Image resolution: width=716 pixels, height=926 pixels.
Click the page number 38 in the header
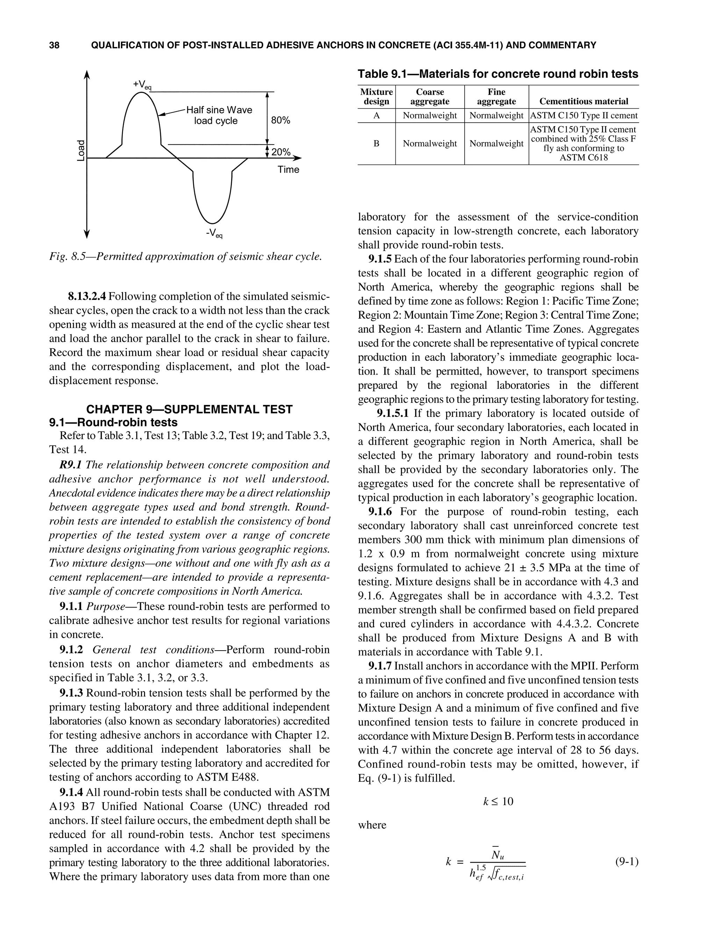54,45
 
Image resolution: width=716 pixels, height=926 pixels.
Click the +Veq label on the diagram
142,85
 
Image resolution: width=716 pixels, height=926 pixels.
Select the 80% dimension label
280,121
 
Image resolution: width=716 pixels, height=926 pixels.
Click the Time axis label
288,169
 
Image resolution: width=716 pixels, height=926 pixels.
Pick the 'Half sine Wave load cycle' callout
219,115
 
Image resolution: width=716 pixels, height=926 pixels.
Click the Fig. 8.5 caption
185,257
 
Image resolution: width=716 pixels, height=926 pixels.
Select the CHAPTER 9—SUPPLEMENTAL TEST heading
189,410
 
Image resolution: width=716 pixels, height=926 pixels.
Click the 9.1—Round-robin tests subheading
113,422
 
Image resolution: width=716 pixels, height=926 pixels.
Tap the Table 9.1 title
497,74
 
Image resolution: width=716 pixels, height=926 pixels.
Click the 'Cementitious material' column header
583,101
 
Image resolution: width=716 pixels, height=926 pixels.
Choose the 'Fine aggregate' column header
496,97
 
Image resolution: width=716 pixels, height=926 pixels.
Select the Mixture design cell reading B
376,144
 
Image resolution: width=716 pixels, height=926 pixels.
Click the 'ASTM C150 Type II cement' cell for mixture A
583,115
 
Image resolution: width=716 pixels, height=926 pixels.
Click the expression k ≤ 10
498,801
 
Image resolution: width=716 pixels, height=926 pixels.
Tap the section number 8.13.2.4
88,296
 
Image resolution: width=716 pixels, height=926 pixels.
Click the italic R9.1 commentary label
71,465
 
